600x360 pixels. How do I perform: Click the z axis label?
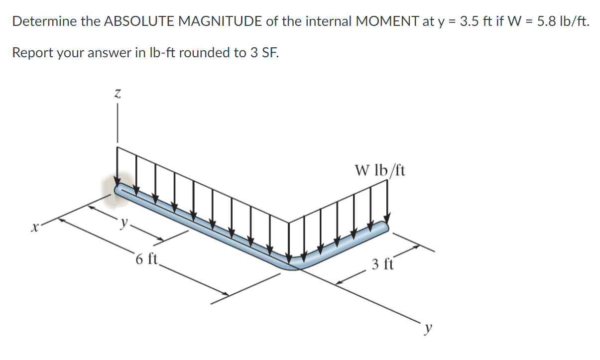(x=118, y=93)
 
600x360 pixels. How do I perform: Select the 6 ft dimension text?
(x=146, y=259)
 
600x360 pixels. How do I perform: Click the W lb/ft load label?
(x=380, y=171)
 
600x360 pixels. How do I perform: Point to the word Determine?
(x=43, y=21)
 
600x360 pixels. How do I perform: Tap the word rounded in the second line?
(x=205, y=52)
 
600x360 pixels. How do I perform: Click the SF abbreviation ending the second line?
(x=270, y=52)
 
